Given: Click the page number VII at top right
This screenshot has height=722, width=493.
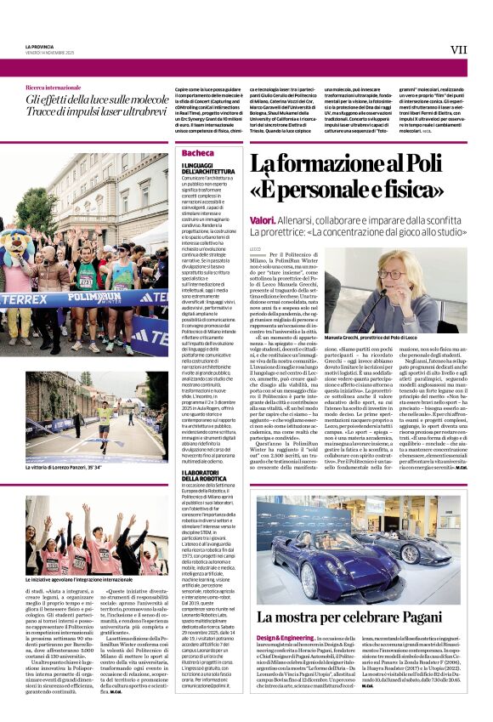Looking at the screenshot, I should point(458,50).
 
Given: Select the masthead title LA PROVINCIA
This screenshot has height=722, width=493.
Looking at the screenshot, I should point(40,46).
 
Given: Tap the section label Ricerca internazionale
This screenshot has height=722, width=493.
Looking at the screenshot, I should point(54,88).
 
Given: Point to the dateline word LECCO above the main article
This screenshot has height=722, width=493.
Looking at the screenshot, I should point(256,247).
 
